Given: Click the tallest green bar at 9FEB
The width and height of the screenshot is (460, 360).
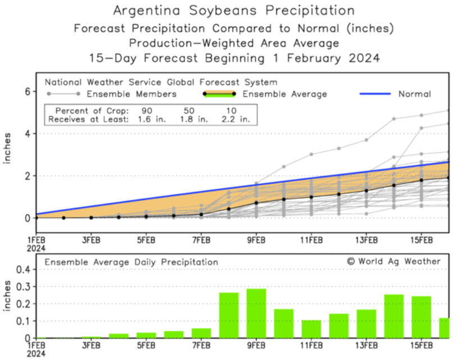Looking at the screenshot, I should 256,313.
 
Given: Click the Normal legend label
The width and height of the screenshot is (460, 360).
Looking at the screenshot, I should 415,94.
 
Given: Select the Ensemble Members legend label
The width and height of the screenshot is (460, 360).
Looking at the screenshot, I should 142,94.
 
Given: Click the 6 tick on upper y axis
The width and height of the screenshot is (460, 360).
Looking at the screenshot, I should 26,91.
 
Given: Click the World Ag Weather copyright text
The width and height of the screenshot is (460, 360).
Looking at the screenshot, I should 393,261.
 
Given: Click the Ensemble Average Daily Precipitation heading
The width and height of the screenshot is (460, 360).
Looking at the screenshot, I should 131,262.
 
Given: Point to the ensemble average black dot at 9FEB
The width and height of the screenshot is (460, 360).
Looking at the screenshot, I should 256,203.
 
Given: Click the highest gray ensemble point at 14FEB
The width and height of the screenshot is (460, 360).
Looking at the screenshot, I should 394,119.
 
